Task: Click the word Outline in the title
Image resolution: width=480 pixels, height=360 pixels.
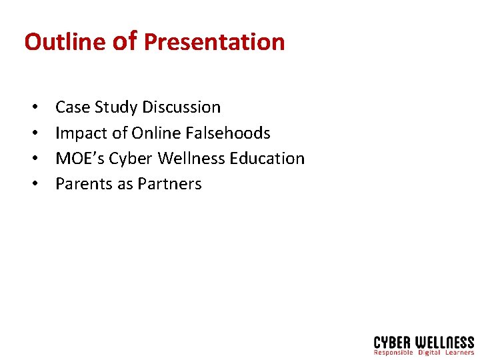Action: [x=65, y=42]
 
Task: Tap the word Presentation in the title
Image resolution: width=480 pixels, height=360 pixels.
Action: [x=214, y=42]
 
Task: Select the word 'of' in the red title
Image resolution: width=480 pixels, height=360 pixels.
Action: [x=125, y=42]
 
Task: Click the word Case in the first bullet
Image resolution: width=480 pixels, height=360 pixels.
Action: [x=73, y=107]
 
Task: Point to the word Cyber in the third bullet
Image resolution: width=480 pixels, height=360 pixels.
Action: [x=131, y=159]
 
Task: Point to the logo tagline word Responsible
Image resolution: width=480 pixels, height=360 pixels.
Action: [x=393, y=352]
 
